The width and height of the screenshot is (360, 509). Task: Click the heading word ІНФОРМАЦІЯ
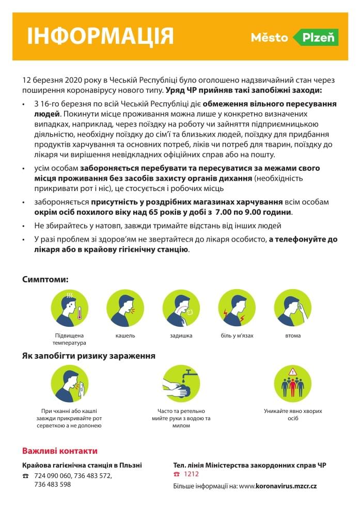pos(100,36)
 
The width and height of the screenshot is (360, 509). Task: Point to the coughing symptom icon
pos(125,308)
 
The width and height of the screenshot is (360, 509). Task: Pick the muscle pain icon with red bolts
pos(237,308)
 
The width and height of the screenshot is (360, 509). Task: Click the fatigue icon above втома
pos(292,308)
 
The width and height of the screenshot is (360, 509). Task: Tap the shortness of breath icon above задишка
pos(181,308)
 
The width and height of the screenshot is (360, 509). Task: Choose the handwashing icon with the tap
pos(181,384)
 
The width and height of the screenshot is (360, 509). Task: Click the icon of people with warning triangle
pos(292,384)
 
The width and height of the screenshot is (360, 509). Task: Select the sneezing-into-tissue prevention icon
pos(69,384)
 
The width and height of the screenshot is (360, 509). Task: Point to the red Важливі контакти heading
pos(59,451)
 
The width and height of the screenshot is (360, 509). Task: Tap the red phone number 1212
pos(191,474)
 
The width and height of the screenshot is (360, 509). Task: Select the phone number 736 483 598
pos(52,485)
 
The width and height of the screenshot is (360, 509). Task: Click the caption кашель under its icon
pos(125,336)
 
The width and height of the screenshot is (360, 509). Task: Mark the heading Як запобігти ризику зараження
pos(88,356)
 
